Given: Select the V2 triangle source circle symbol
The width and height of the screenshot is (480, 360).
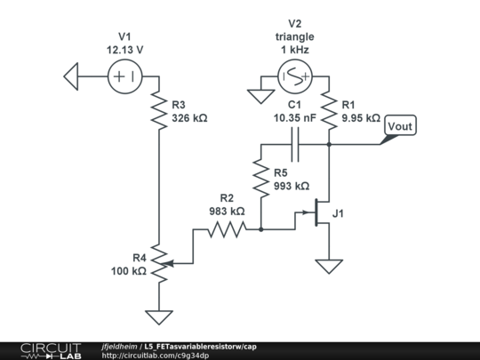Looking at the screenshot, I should point(294,77).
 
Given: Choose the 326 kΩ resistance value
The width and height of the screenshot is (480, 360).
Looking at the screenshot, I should point(189,117).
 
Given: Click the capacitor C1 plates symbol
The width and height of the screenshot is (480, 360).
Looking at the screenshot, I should point(294,145).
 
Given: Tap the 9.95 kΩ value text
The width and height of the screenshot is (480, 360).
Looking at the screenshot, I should point(360,117).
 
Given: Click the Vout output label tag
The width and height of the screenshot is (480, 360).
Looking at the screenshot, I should point(399,127).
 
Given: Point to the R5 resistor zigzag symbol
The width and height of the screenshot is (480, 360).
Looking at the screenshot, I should point(260,179).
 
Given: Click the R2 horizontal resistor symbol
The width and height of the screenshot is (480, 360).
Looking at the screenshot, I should point(226,230).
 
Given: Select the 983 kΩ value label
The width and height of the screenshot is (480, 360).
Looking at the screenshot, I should point(226,212).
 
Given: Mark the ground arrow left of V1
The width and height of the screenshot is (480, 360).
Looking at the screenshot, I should point(74,76).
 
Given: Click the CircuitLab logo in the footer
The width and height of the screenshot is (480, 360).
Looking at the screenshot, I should point(50,350).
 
